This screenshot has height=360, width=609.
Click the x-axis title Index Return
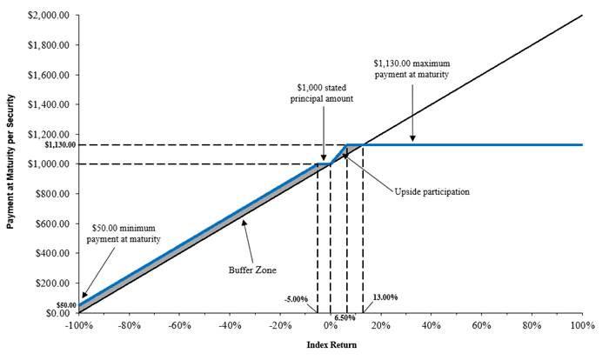(331, 345)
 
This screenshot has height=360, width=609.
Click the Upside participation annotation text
(432, 191)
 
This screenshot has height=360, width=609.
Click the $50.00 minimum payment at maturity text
(126, 232)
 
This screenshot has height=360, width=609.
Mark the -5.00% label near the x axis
(297, 299)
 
